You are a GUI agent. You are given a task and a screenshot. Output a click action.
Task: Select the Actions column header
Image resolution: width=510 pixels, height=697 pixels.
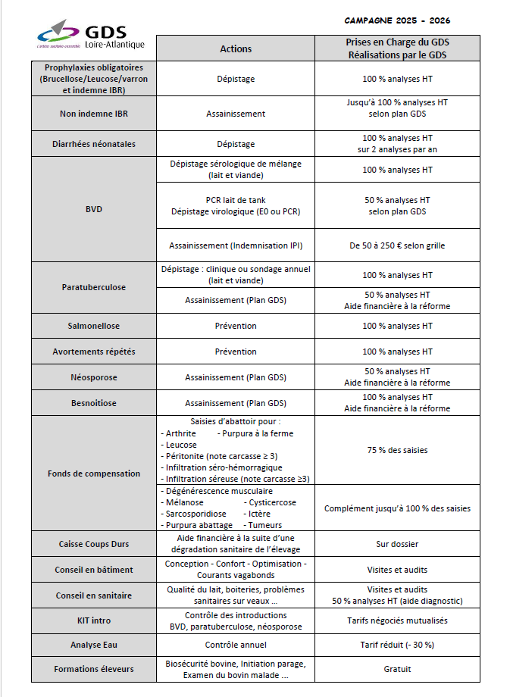pos(236,48)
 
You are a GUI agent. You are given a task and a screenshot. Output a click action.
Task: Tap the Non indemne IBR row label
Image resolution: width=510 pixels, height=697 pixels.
pos(94,114)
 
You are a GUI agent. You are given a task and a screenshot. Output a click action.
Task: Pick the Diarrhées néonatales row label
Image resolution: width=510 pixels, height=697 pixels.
pos(94,144)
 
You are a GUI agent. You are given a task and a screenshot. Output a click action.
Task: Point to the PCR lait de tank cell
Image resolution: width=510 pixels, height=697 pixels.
pos(236,200)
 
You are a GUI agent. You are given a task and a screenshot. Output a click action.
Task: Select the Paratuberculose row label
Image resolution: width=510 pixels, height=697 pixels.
pos(94,288)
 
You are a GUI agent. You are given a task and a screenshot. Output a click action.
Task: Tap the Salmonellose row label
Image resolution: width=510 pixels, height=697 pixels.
pos(94,326)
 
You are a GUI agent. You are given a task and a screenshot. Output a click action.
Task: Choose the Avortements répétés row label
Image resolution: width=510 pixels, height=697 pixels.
pos(94,352)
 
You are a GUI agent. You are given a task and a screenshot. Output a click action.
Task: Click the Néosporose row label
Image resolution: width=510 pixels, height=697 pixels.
pos(94,377)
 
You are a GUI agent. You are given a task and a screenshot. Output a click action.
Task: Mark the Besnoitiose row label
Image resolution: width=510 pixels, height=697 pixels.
pos(94,403)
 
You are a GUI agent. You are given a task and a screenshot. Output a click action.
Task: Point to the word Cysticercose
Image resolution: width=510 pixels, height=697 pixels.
pos(271,502)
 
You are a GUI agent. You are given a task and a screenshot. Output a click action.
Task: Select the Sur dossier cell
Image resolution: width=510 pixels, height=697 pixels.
pos(397,544)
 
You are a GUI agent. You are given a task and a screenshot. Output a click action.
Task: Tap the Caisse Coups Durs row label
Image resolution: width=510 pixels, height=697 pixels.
pos(94,544)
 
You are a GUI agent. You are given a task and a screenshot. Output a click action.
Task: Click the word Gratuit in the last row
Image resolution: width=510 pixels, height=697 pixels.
pos(397,669)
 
